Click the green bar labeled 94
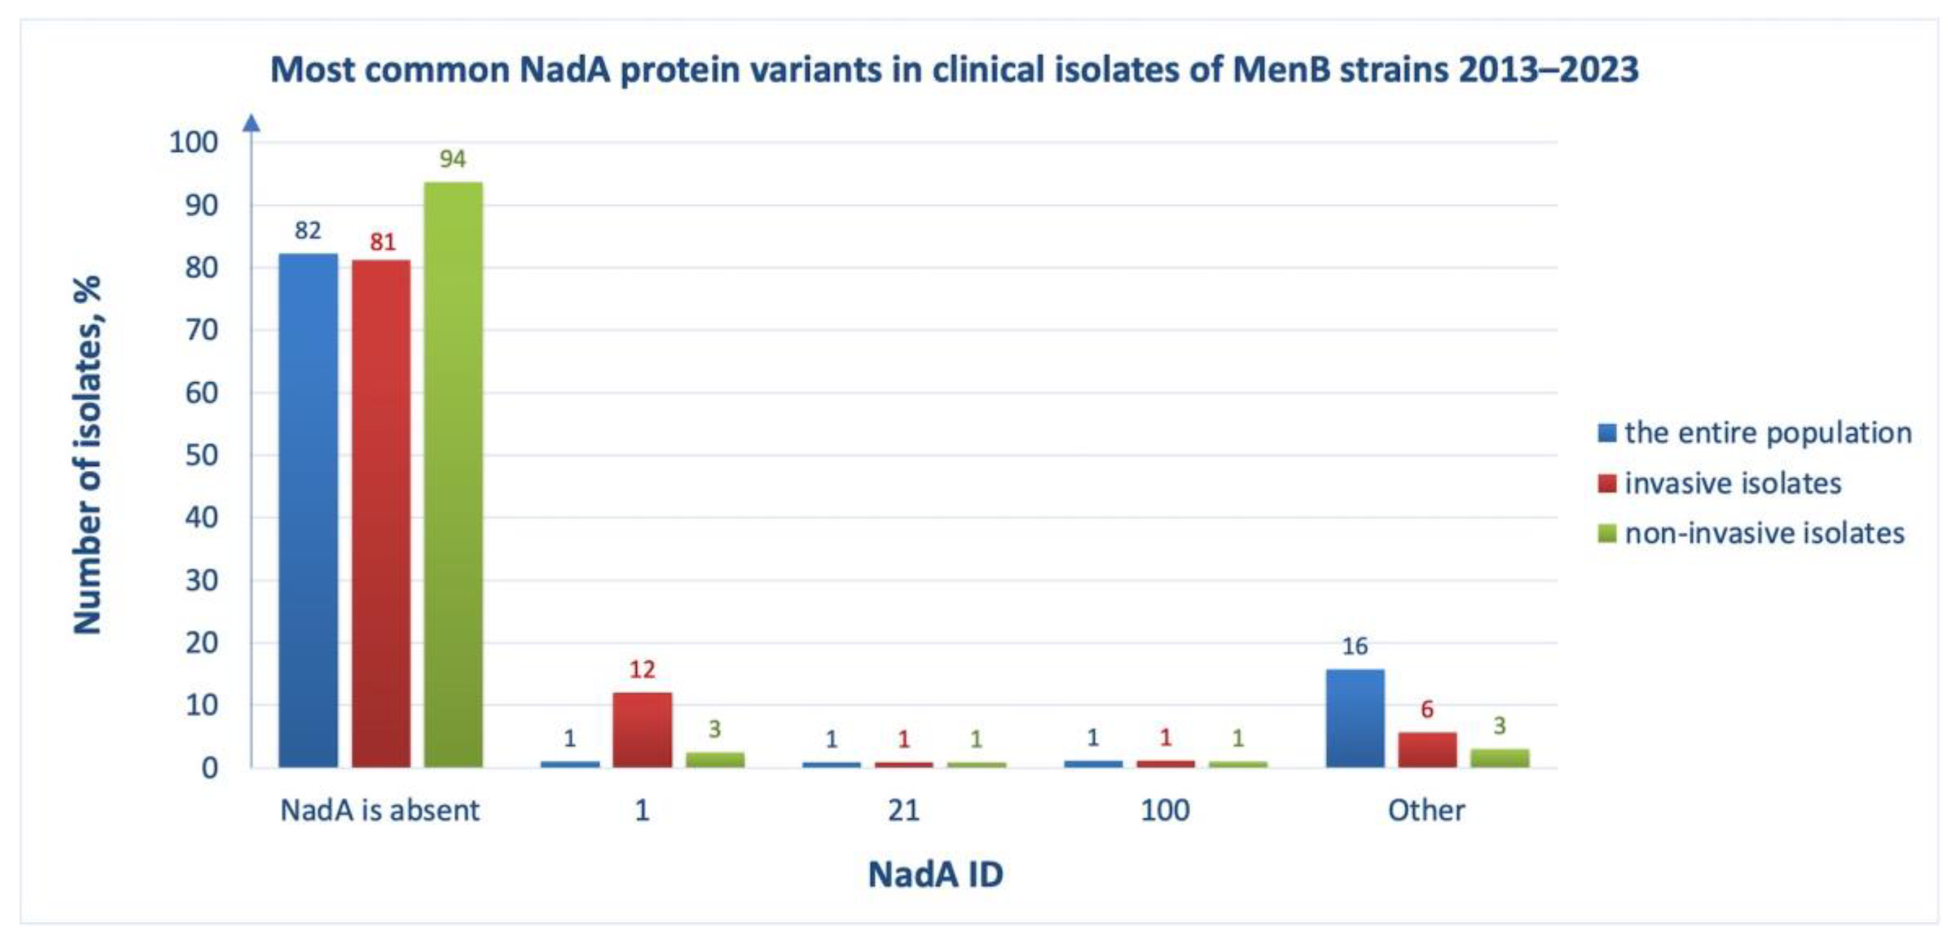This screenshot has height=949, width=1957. tap(453, 474)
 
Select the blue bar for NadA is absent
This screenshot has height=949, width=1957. tap(308, 510)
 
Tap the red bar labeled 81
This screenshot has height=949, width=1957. tap(381, 513)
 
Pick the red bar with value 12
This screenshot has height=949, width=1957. tap(642, 729)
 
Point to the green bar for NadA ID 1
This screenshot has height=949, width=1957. tap(715, 759)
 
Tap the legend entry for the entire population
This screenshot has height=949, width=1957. tap(1767, 433)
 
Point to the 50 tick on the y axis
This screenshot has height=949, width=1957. tap(201, 456)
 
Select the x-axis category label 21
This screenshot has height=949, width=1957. tap(903, 811)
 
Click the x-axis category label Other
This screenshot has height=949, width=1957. tap(1426, 811)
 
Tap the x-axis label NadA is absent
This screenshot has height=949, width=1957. tap(380, 811)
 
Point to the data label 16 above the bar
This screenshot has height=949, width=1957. tap(1354, 646)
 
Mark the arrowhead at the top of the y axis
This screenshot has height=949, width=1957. tap(251, 123)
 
